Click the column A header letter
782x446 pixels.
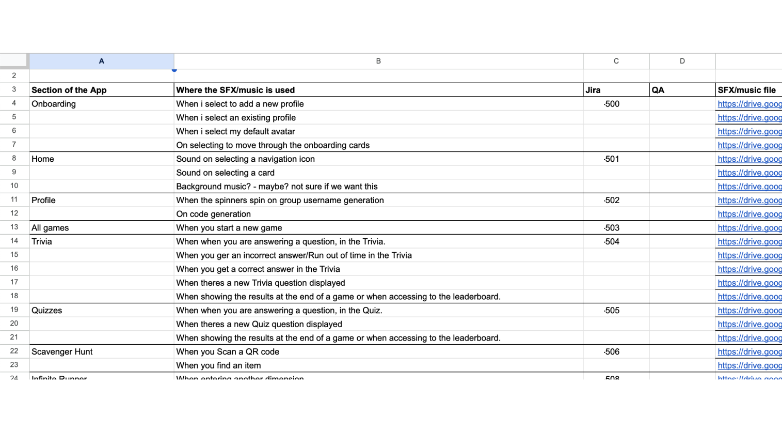[101, 61]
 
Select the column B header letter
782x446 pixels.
[378, 61]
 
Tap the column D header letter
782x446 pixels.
[682, 61]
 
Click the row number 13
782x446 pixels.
[14, 227]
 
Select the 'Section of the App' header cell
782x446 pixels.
[69, 90]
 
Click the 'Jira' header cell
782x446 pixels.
[593, 90]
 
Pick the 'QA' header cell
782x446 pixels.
[658, 90]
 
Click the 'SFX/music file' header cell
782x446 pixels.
[746, 90]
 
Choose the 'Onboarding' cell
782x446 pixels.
[54, 104]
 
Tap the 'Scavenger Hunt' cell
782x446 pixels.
[62, 352]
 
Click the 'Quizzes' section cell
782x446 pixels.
[47, 311]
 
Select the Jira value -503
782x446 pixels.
[611, 228]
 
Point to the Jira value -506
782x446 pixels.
[611, 352]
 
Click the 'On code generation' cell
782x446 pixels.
[214, 214]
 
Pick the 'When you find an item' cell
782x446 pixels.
[218, 365]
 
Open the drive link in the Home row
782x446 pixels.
[749, 159]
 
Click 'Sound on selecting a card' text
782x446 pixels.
[225, 173]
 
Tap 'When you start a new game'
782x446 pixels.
[229, 228]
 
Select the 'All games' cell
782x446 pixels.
[50, 228]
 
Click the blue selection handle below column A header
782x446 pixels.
[174, 70]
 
